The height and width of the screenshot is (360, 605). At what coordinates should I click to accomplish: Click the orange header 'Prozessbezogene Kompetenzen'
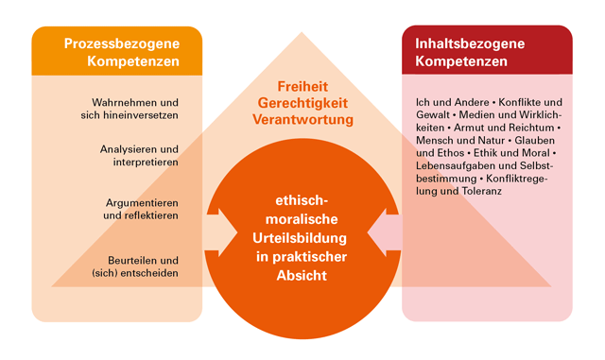click(116, 52)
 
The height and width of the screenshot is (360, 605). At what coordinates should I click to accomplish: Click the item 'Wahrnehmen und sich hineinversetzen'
click(135, 108)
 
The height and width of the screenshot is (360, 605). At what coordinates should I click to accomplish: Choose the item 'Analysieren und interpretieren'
click(139, 156)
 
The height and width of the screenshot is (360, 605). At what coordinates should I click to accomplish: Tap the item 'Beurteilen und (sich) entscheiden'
click(141, 266)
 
